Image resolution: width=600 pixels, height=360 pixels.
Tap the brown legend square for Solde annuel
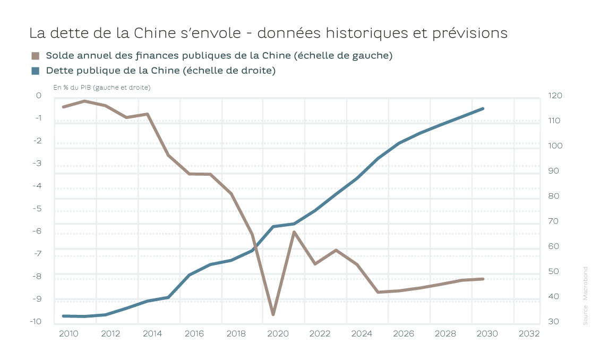(36, 56)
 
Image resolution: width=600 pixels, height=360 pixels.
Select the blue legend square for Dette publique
(36, 70)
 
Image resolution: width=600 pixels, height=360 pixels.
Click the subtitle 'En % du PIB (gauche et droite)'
(101, 87)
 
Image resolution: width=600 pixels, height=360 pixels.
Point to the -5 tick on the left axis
(38, 208)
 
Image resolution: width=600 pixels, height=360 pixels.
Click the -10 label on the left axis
(36, 321)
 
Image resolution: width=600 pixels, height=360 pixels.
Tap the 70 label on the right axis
(553, 221)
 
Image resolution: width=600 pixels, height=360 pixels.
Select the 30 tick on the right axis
(553, 321)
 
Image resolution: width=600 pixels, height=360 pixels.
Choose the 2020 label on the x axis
(278, 333)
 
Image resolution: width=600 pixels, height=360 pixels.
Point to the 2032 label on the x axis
(529, 333)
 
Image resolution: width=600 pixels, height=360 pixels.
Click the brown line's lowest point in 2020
(273, 314)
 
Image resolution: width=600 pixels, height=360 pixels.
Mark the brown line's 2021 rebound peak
(294, 232)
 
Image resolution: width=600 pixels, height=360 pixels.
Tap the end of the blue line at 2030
(483, 109)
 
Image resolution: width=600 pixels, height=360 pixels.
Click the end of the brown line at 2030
(483, 279)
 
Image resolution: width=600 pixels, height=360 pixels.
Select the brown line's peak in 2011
(84, 101)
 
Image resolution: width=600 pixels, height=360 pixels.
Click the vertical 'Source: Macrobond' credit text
(585, 295)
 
